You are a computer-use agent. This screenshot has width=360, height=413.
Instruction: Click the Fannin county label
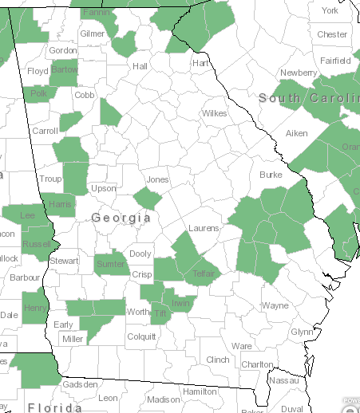click(96, 14)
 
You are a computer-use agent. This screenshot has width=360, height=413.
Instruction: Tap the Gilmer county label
click(93, 34)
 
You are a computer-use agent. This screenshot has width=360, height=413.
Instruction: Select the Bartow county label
click(63, 70)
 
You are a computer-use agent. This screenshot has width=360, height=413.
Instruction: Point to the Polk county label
click(38, 94)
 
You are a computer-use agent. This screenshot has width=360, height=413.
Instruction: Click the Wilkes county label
click(214, 113)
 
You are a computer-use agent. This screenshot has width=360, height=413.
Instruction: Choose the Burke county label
click(271, 175)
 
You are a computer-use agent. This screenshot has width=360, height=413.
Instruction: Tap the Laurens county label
click(204, 229)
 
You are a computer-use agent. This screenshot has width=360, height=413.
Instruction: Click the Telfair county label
click(205, 274)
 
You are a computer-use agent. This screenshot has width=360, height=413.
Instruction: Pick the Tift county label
click(160, 314)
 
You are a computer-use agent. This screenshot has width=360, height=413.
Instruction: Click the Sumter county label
click(110, 264)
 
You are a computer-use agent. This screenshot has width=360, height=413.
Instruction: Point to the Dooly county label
click(140, 254)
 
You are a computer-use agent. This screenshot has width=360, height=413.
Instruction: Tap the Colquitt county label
click(142, 336)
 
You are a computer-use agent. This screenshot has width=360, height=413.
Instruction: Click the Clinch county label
click(217, 360)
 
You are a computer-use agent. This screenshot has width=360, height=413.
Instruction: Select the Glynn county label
click(302, 332)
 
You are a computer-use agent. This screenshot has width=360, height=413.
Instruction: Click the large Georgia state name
click(121, 218)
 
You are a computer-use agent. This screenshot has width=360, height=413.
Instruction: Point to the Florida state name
click(55, 407)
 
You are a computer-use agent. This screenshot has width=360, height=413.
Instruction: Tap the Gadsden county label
click(80, 384)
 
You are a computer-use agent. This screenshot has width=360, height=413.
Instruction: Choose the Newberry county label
click(299, 73)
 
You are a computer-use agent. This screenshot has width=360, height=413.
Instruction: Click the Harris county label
click(60, 204)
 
